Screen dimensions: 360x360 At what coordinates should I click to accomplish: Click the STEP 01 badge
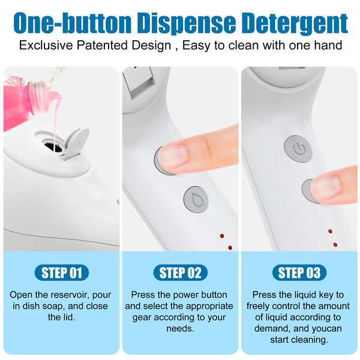62,272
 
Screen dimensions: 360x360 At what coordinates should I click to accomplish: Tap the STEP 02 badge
180,272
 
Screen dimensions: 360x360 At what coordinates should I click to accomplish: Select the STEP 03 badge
299,272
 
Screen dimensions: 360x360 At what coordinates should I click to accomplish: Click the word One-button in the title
73,23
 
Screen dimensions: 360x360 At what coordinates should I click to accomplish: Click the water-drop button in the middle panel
196,200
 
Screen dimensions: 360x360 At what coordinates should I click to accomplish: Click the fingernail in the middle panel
173,156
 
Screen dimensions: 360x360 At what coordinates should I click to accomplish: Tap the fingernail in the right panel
326,187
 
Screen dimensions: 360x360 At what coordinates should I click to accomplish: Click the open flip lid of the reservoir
76,143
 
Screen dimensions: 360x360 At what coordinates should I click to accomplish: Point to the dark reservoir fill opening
53,147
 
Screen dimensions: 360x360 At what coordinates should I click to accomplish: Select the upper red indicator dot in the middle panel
222,236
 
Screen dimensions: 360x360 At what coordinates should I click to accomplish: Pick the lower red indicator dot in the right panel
335,245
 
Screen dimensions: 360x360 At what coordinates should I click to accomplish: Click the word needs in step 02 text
181,329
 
